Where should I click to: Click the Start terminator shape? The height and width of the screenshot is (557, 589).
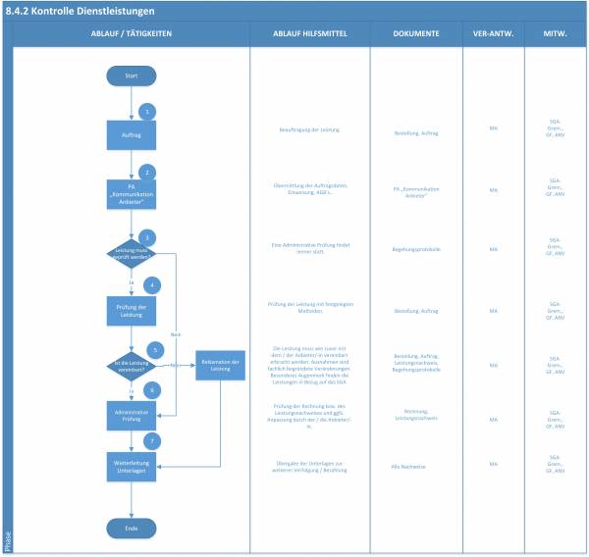[x=132, y=76]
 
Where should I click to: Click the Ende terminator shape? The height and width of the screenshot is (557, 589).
[x=132, y=528]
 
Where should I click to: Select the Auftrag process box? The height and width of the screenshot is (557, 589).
[x=132, y=134]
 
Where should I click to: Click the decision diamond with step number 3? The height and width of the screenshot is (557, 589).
[x=132, y=252]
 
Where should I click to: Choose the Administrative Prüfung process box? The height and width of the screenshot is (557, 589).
[x=132, y=416]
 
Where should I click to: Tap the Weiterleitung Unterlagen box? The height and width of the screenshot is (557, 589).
[x=132, y=466]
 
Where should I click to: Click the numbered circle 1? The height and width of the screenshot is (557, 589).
[x=147, y=111]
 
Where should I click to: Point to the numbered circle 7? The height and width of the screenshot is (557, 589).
[x=147, y=442]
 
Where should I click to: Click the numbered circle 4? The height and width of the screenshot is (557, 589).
[x=151, y=285]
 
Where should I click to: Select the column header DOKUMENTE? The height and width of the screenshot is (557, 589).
[x=415, y=33]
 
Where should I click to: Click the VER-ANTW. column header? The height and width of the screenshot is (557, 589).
[x=493, y=33]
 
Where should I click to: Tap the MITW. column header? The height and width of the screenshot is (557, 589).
[x=555, y=33]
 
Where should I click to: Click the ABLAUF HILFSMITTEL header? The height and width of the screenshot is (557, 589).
[x=309, y=33]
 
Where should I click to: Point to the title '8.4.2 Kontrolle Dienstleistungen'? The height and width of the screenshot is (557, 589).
[x=81, y=10]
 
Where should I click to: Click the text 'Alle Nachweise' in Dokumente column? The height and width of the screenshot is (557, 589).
[x=415, y=467]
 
